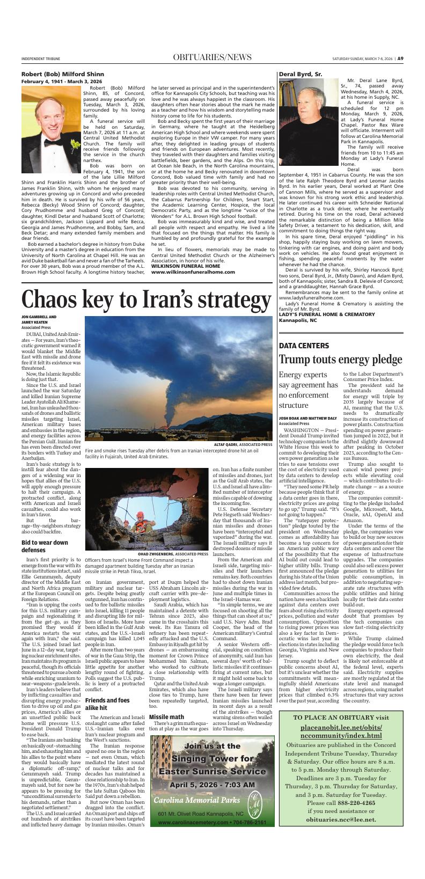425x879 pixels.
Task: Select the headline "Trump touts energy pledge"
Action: pos(340,359)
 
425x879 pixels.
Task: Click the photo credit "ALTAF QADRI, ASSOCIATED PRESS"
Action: pos(243,444)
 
